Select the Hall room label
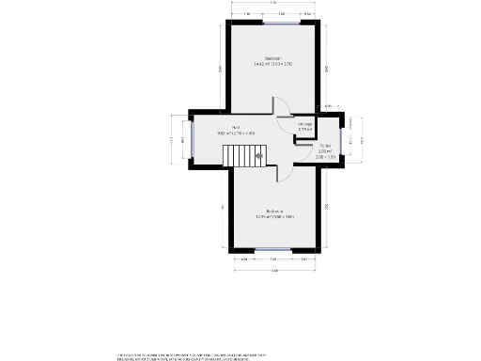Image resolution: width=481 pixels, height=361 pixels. tap(236, 131)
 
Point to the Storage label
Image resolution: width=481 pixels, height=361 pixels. tap(305, 127)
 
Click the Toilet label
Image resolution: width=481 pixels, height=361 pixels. tap(325, 148)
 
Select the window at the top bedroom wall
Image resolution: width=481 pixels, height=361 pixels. tap(279, 23)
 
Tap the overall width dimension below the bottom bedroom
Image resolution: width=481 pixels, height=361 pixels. tap(274, 271)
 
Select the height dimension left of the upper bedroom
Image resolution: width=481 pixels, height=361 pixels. tap(221, 69)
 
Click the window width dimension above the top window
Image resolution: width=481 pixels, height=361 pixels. tap(279, 14)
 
